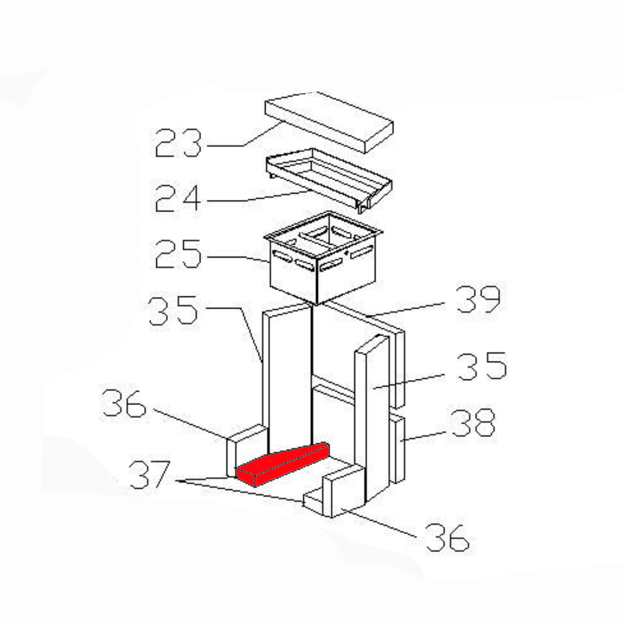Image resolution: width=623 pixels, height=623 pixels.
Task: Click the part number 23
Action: tap(178, 142)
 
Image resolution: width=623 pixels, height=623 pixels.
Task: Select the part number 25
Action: tap(178, 254)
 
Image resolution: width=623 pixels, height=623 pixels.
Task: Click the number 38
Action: tap(474, 423)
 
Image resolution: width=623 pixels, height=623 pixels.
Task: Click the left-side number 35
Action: tap(173, 310)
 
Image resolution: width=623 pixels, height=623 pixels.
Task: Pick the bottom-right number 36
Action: tap(447, 537)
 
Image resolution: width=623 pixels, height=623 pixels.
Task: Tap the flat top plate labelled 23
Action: tap(329, 122)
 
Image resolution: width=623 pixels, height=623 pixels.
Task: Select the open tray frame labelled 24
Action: tap(329, 181)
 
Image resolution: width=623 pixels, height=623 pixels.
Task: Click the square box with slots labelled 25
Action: tap(323, 258)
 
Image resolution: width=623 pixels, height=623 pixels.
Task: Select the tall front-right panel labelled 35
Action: tap(372, 417)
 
